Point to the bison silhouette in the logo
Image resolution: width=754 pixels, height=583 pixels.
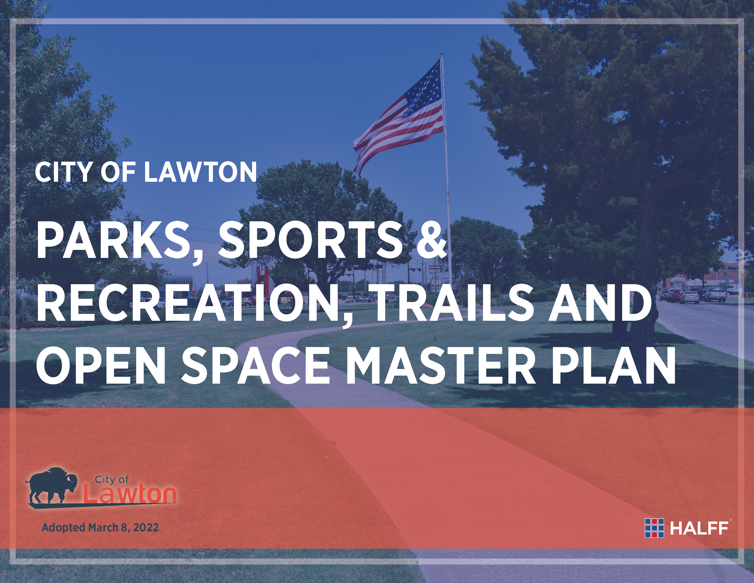click(52, 485)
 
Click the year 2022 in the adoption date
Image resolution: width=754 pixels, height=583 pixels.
click(146, 527)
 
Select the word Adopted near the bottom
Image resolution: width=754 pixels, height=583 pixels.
click(64, 528)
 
